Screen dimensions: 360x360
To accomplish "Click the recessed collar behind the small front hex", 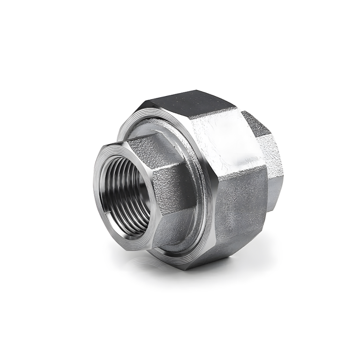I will (x=187, y=159).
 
